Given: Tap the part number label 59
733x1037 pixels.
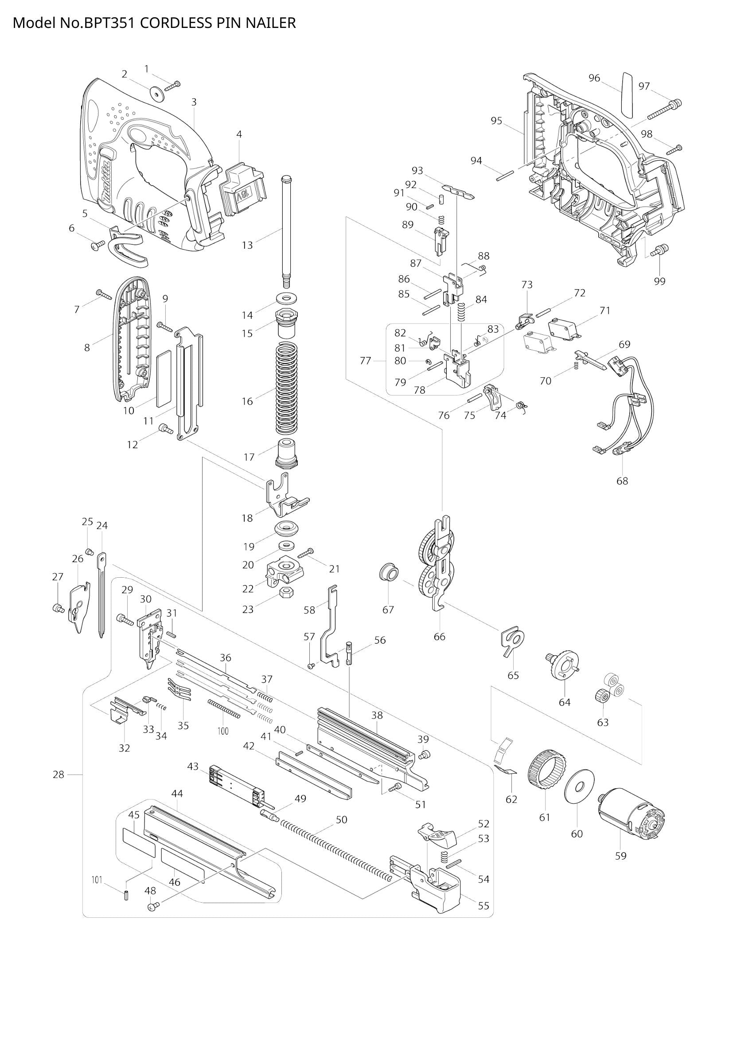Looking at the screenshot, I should pos(620,855).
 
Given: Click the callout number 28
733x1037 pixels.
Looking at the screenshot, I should pos(58,775).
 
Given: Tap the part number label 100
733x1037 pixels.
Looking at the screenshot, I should pos(223,731).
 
